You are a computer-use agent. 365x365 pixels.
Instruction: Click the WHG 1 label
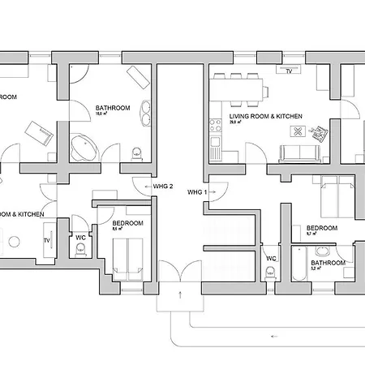click(x=198, y=192)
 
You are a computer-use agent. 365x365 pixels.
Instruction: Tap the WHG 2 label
click(x=163, y=186)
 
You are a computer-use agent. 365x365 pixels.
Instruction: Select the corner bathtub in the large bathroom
click(x=84, y=148)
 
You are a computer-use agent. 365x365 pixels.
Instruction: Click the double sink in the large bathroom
click(x=145, y=112)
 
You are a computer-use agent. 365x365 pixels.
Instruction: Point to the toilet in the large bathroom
click(x=136, y=151)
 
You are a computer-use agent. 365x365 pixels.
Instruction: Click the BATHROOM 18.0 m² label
click(x=112, y=110)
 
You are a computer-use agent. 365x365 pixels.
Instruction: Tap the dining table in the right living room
click(x=239, y=86)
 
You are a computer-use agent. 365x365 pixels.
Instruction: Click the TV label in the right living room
click(x=288, y=71)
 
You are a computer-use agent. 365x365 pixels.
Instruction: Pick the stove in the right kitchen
click(x=216, y=125)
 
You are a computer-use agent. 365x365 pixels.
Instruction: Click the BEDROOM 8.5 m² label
click(x=127, y=225)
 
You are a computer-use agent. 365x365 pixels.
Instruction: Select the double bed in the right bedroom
click(x=336, y=195)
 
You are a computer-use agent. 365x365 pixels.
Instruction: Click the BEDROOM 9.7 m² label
click(x=321, y=230)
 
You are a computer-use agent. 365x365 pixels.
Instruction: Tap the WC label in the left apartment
click(x=80, y=238)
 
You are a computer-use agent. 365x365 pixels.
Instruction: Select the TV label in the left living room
click(x=46, y=241)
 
